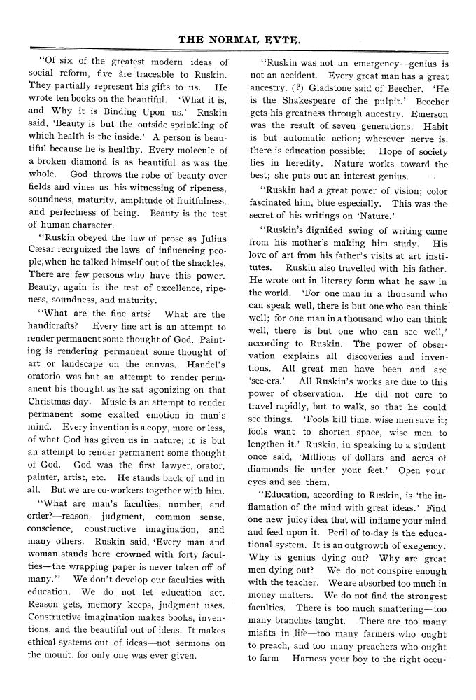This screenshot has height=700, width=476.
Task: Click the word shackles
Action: [x=204, y=262]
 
